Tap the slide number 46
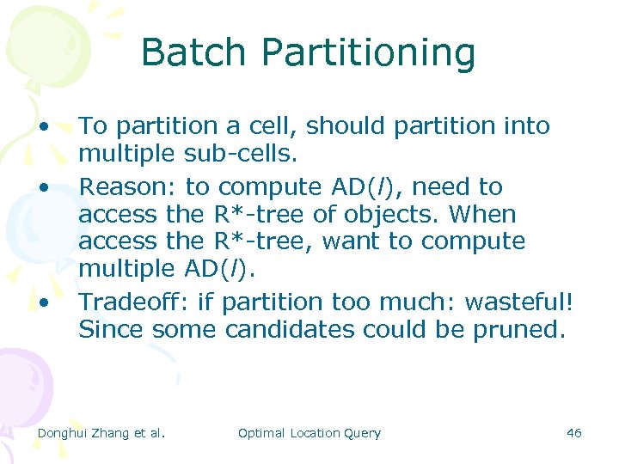574,433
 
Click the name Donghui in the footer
65,433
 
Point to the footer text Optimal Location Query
309,433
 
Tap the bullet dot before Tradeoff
43,302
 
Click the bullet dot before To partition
43,125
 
